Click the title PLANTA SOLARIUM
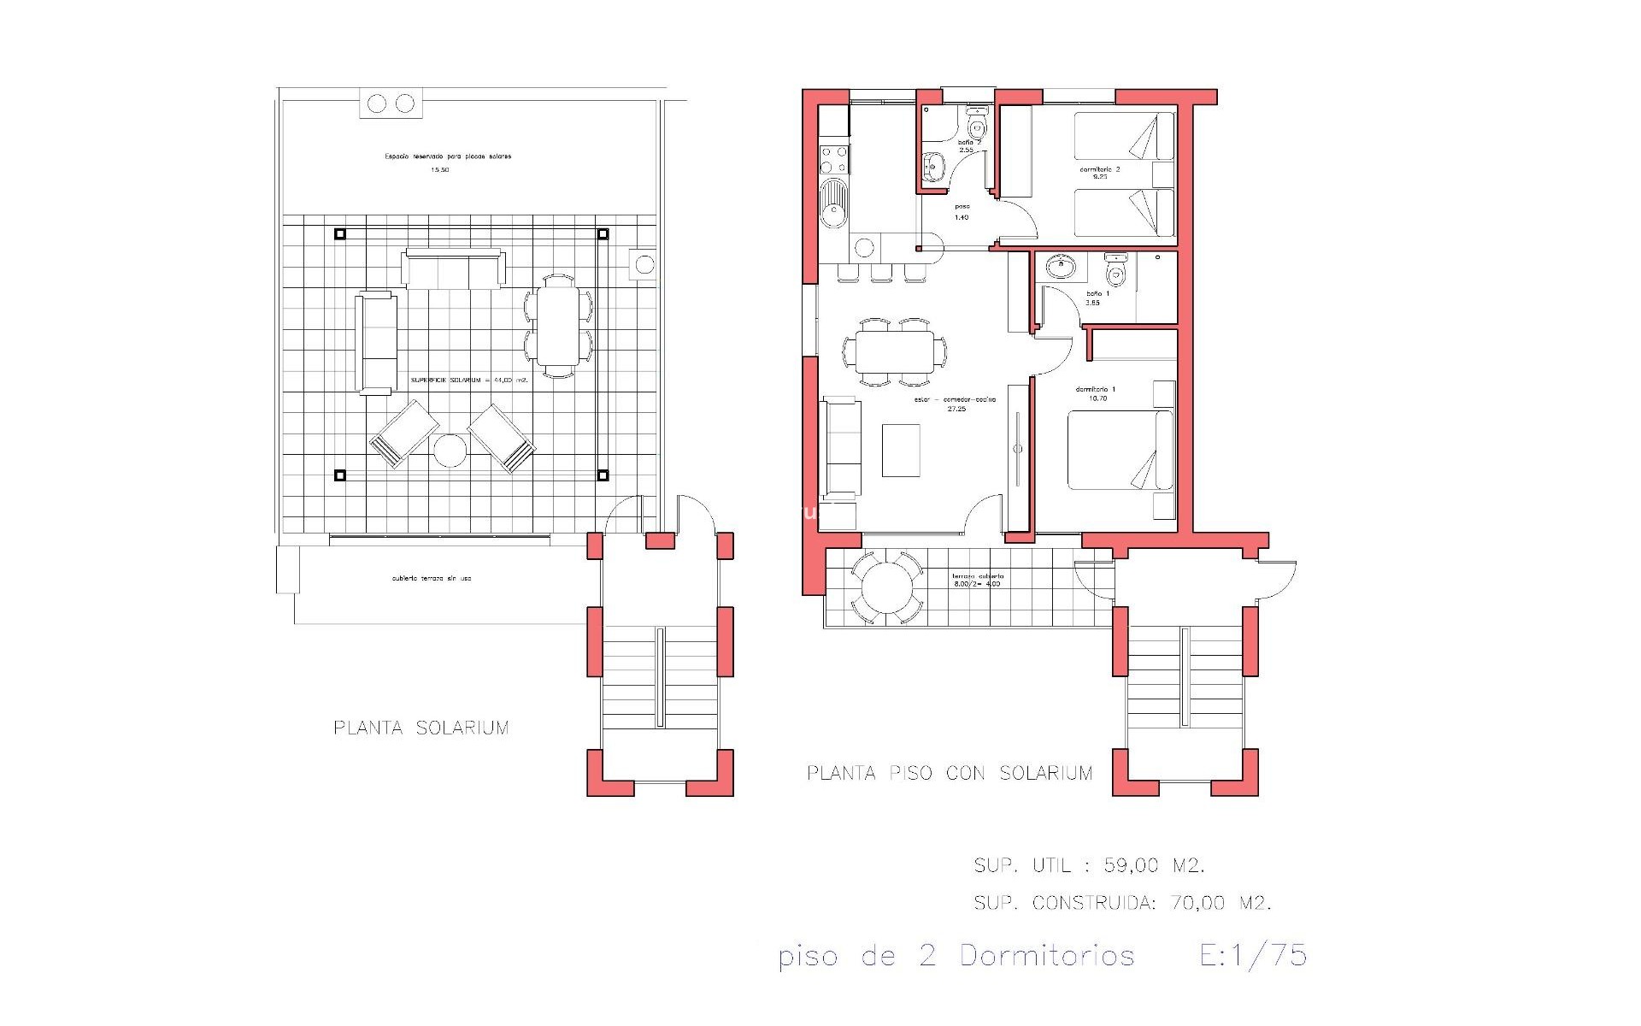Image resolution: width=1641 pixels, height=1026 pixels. [x=421, y=728]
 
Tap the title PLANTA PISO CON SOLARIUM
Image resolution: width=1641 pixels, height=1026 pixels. [x=950, y=774]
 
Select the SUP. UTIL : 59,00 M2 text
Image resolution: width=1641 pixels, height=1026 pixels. [x=1089, y=866]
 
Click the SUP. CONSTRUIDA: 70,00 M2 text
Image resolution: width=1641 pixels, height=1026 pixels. [x=1122, y=903]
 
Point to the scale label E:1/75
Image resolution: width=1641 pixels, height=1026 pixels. [x=1253, y=955]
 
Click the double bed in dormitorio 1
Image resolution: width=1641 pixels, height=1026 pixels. [x=1120, y=451]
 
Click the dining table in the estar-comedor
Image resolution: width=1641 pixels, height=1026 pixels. [x=895, y=351]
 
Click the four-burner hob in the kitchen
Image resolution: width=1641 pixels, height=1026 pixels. [x=833, y=158]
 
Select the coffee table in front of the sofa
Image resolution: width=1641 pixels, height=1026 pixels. [x=901, y=450]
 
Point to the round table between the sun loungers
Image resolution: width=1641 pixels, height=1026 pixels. [x=449, y=450]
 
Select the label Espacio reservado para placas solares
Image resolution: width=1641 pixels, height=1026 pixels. [x=448, y=157]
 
